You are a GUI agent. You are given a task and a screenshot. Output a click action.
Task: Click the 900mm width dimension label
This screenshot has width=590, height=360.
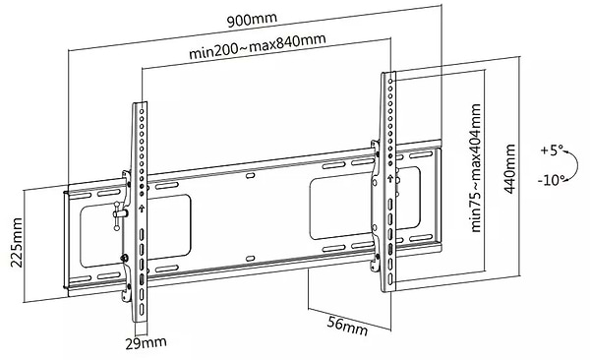(252, 20)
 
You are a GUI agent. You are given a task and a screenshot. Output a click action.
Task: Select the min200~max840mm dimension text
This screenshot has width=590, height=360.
(258, 46)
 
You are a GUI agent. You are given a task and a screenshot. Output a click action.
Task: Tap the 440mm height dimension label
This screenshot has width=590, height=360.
(509, 169)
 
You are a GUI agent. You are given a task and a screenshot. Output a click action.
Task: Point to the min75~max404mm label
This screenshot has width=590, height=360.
(476, 168)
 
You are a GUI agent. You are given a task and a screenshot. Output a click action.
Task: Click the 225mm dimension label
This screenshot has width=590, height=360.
(16, 242)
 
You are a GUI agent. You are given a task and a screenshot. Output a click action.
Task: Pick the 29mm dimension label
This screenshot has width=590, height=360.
(146, 342)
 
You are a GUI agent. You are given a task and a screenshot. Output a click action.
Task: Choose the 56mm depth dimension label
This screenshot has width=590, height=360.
(347, 327)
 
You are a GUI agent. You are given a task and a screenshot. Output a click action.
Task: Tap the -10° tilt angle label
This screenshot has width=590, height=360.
(551, 180)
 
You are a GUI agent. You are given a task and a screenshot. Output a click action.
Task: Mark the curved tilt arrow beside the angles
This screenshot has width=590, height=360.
(576, 165)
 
